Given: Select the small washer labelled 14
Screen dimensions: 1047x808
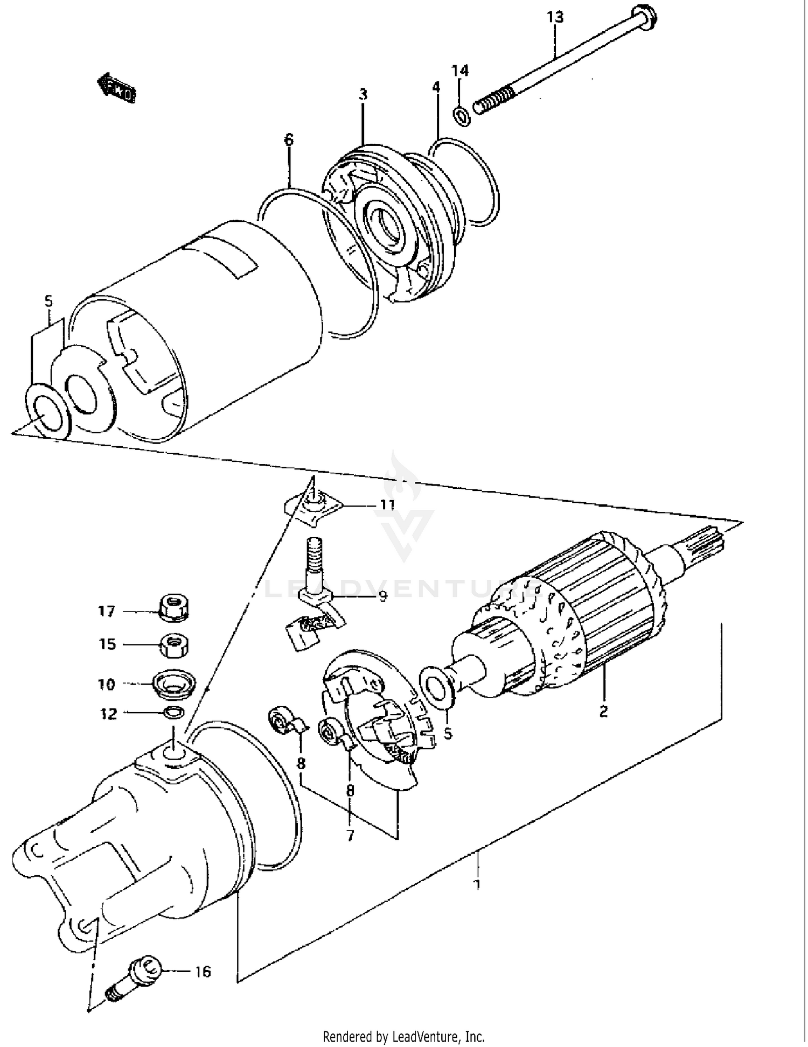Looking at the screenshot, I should tap(462, 115).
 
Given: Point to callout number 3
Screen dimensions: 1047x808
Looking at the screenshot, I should tap(364, 95).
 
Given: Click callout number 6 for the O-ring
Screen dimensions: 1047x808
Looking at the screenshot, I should tap(289, 140).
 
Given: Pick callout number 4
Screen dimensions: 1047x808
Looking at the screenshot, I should tap(436, 87).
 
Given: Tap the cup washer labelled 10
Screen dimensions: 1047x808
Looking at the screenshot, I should tap(173, 684).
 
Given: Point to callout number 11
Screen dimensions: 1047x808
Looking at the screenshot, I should tap(387, 505).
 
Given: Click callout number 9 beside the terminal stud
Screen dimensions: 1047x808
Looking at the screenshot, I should tap(383, 596).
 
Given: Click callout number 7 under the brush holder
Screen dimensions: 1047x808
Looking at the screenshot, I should tap(350, 835).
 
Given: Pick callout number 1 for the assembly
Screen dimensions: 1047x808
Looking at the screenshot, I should tap(476, 884).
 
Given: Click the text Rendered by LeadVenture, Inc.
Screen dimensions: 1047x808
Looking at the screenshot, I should tap(403, 1036).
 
